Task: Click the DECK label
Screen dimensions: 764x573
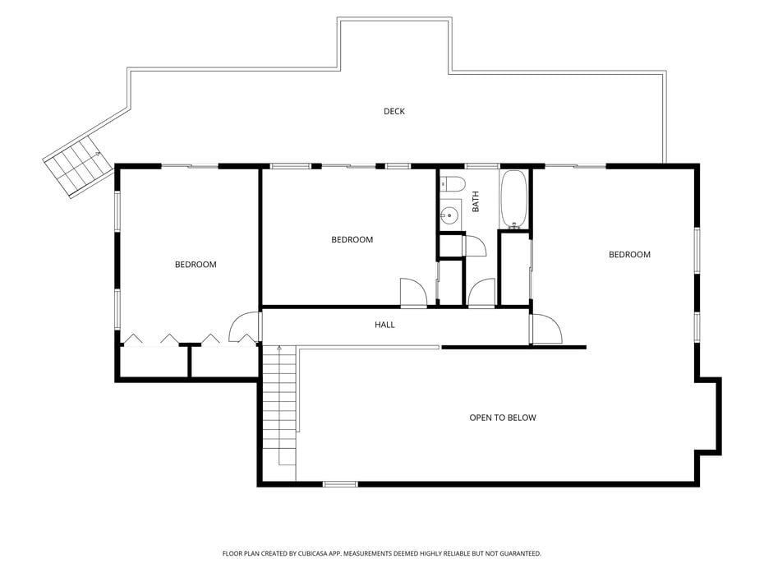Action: pos(394,111)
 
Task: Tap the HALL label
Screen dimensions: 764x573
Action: pos(384,325)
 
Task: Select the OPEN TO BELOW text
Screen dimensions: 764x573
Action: pos(502,418)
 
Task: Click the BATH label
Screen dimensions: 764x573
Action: pos(476,201)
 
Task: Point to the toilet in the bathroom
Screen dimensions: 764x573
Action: pos(452,184)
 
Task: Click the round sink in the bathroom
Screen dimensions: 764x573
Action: pos(449,214)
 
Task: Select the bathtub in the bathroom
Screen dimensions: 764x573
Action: pos(513,199)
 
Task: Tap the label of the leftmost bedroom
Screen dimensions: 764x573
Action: pos(196,265)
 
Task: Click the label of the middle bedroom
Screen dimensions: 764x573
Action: pos(352,240)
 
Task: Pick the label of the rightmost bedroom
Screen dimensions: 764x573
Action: pos(629,255)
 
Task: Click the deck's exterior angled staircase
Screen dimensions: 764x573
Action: pos(78,167)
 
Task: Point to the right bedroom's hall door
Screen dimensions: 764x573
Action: pos(546,330)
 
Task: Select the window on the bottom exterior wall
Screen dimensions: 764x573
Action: pos(340,484)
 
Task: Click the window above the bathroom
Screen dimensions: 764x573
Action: pos(482,166)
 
